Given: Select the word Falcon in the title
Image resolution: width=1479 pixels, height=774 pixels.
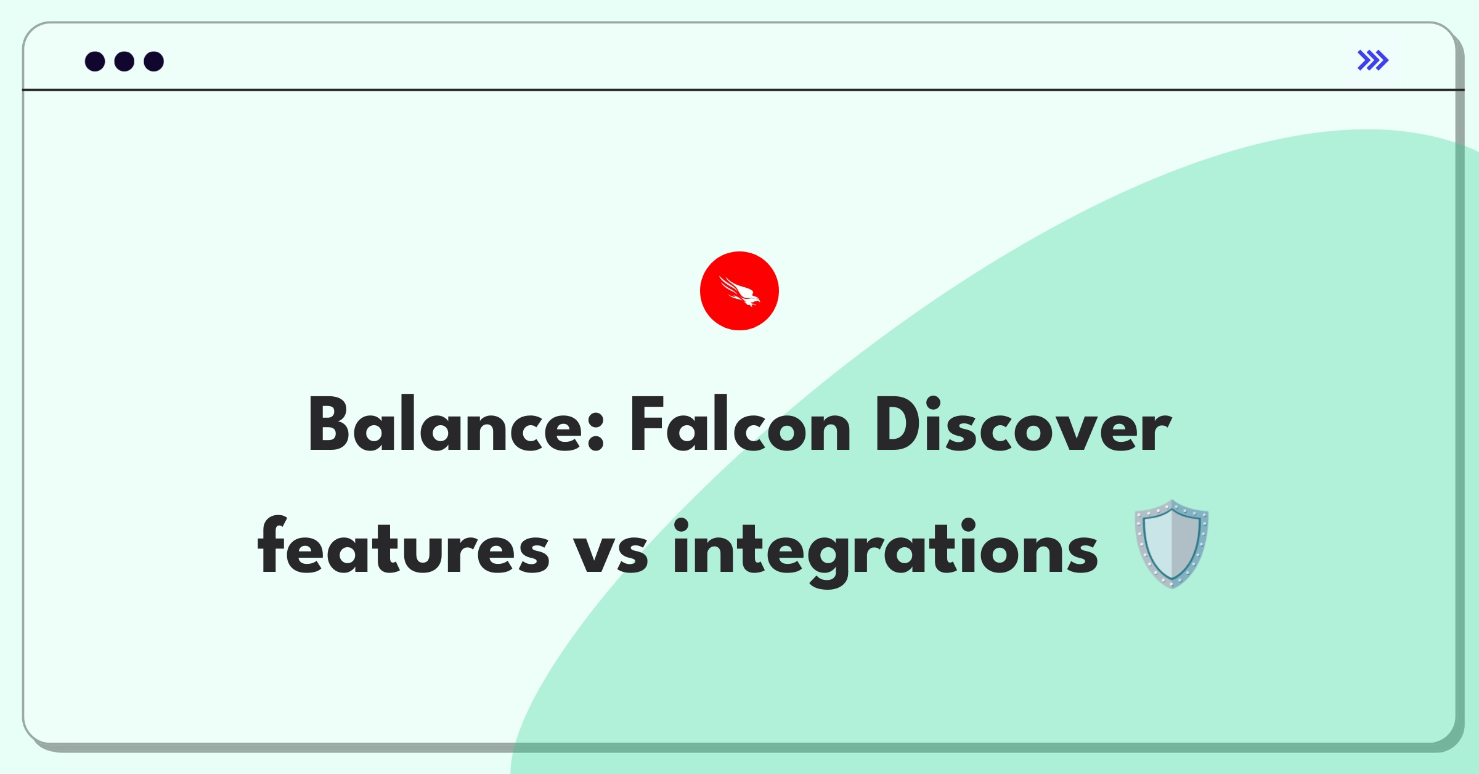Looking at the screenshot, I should tap(739, 425).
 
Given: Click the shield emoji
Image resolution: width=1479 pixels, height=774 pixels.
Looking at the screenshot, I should tap(1171, 544).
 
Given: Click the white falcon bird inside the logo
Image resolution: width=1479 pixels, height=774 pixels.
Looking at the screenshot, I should tap(739, 291).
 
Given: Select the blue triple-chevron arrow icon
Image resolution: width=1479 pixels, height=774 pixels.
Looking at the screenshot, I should tap(1372, 60).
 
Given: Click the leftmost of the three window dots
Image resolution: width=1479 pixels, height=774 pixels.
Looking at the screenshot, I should tap(95, 62).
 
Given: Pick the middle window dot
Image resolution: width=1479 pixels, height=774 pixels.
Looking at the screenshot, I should tap(124, 62).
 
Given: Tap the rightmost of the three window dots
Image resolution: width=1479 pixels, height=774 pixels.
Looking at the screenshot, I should tap(153, 62).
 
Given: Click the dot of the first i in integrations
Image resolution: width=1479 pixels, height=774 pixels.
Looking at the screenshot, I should tap(681, 525).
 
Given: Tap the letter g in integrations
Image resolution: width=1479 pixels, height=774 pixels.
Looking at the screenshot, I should tap(827, 555).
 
